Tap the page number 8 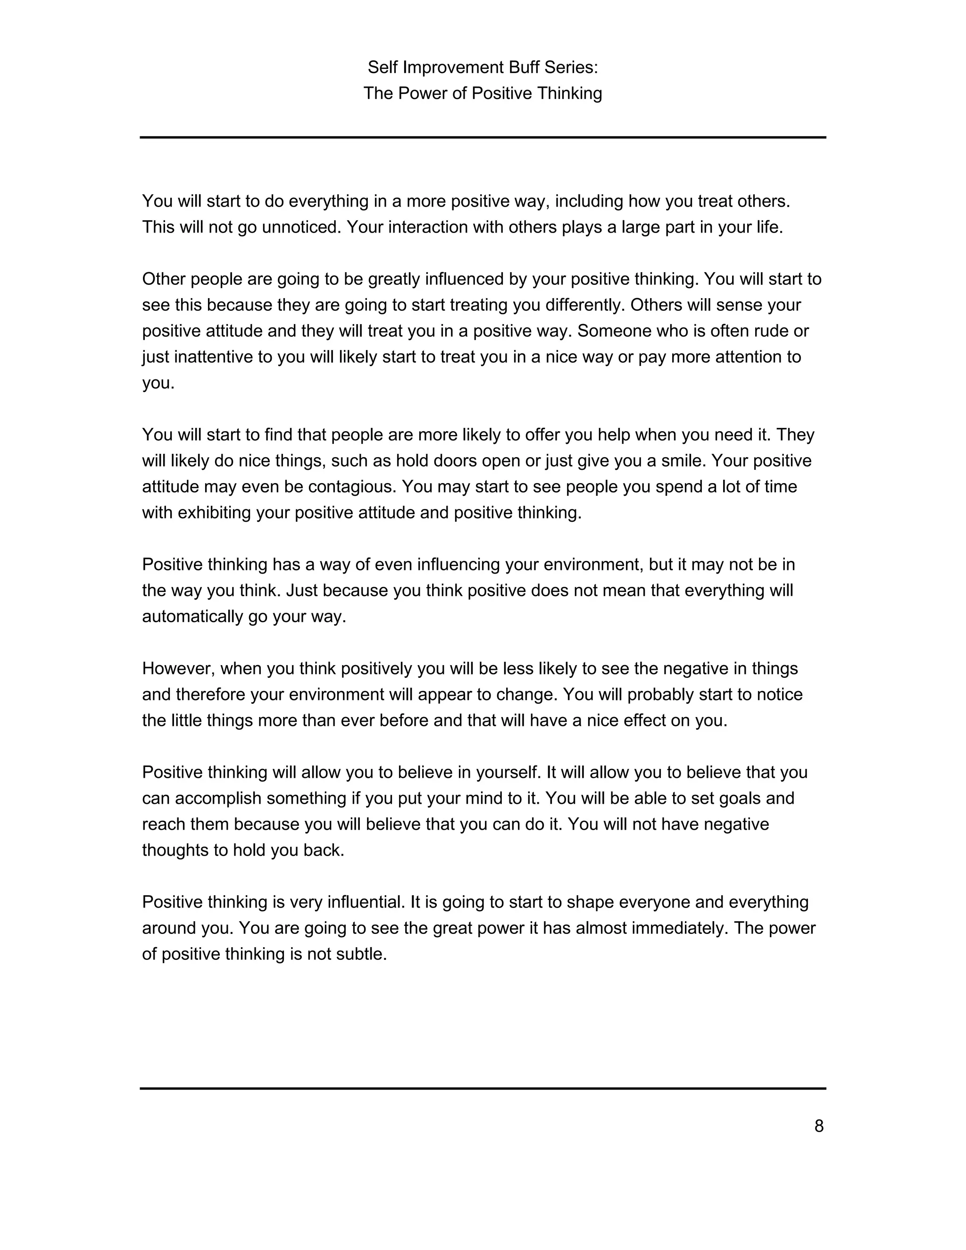coord(819,1126)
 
